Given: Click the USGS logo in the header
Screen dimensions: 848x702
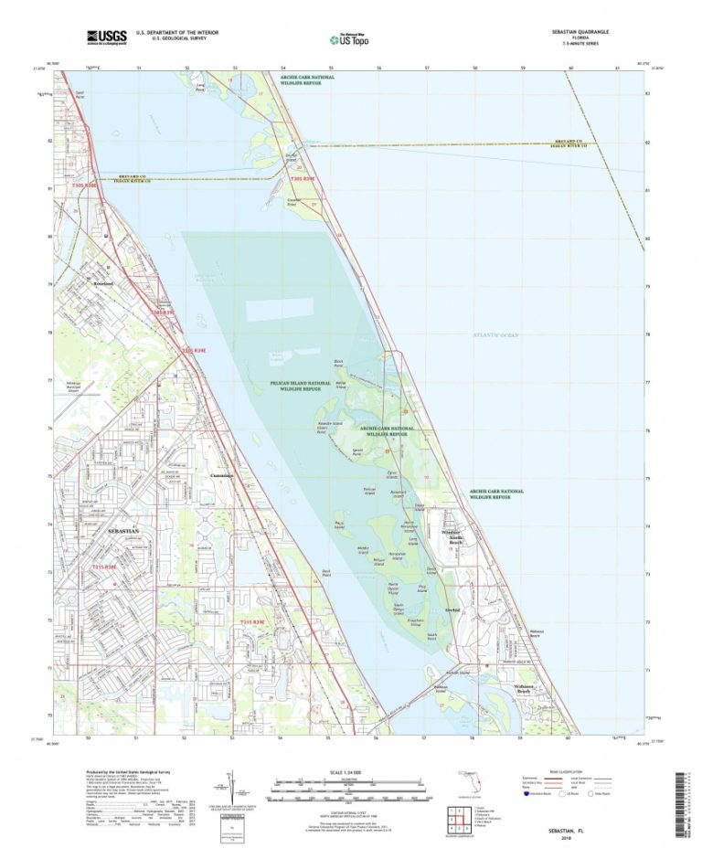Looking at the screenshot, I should click(x=106, y=37).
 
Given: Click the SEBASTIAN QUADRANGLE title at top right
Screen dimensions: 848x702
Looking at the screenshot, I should click(x=581, y=31).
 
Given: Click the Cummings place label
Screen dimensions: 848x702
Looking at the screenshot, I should click(x=221, y=476).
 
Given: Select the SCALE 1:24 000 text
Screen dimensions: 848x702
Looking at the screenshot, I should click(x=350, y=772).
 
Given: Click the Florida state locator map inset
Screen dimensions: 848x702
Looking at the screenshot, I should click(x=473, y=784).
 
